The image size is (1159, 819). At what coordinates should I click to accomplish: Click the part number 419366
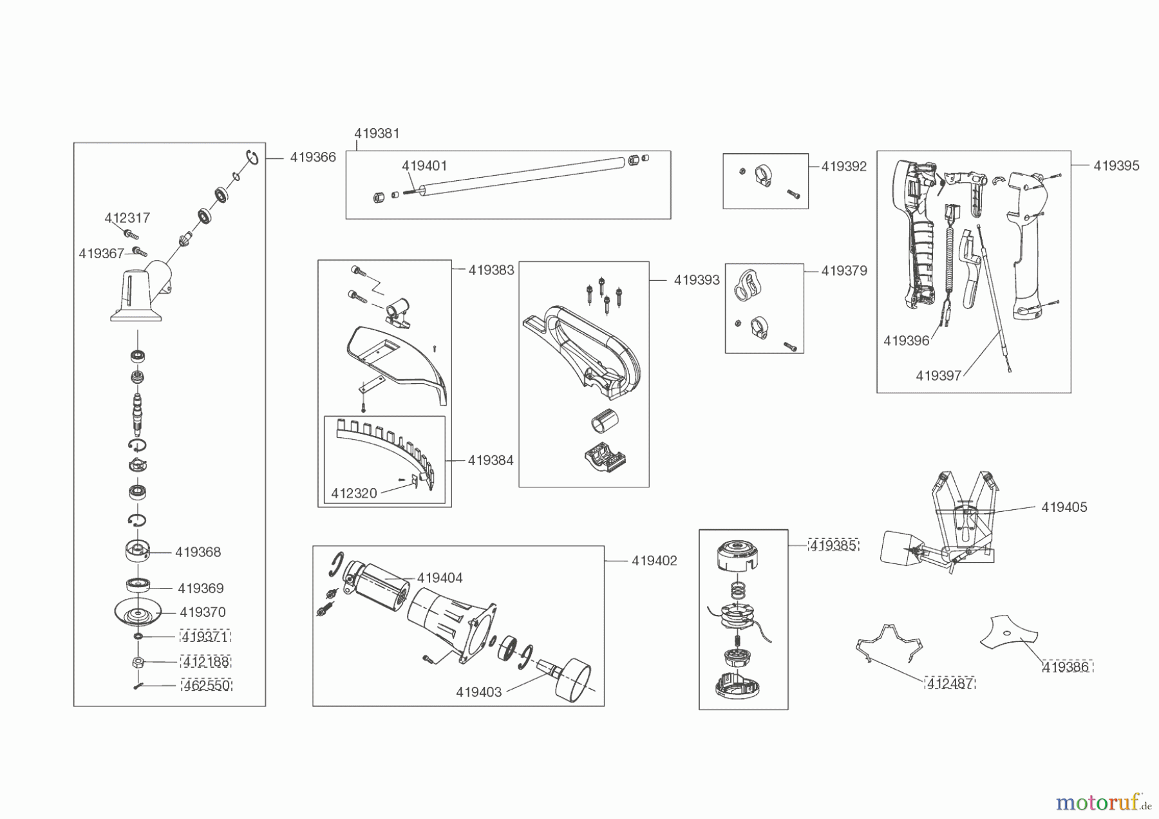click(312, 157)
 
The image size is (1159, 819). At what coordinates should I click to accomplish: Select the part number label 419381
click(377, 133)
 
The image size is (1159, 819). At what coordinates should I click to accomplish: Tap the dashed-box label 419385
click(833, 545)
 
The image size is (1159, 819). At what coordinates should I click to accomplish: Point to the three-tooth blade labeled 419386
click(1007, 633)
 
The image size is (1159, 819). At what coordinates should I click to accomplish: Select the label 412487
click(950, 683)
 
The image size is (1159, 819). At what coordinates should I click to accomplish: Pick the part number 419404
click(439, 578)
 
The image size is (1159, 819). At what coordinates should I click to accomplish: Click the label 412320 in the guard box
click(354, 493)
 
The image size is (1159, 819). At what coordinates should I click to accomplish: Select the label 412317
click(127, 218)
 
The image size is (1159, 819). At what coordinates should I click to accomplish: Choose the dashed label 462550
click(206, 686)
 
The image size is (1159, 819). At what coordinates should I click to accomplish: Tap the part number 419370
click(202, 612)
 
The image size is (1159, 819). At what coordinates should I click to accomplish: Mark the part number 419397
click(938, 375)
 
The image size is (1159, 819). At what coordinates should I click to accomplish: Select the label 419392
click(843, 166)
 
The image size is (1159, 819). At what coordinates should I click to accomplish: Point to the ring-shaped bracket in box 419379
click(748, 285)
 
